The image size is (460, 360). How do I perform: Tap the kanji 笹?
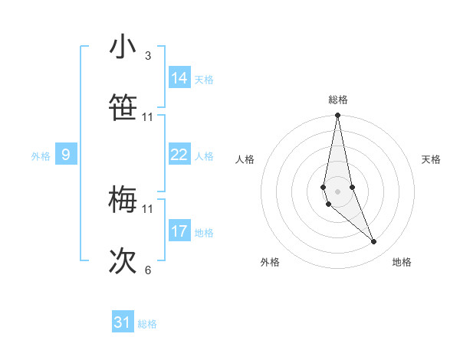tap(123, 108)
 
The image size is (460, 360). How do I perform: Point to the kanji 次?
tap(123, 261)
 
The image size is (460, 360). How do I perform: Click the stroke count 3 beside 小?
tap(148, 56)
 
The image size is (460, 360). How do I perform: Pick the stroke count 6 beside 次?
tap(148, 270)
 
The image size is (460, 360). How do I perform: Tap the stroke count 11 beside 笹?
tap(148, 117)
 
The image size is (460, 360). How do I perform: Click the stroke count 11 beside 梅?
tap(148, 208)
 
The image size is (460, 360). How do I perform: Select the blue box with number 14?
tap(179, 78)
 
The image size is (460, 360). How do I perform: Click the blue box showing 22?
tap(179, 155)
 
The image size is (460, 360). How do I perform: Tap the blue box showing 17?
tap(179, 231)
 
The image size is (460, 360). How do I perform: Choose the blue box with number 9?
tap(66, 155)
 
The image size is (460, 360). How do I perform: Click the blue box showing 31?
tap(123, 322)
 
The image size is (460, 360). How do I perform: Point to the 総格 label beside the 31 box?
tap(147, 324)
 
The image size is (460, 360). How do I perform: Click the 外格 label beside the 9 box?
tap(41, 156)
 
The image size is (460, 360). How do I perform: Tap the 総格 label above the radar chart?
tap(338, 100)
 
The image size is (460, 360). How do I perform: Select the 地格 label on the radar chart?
tap(402, 262)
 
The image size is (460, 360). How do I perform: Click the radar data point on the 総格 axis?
tap(337, 116)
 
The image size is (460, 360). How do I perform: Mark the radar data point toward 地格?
tap(374, 242)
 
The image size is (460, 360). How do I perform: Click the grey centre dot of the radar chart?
tap(337, 191)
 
